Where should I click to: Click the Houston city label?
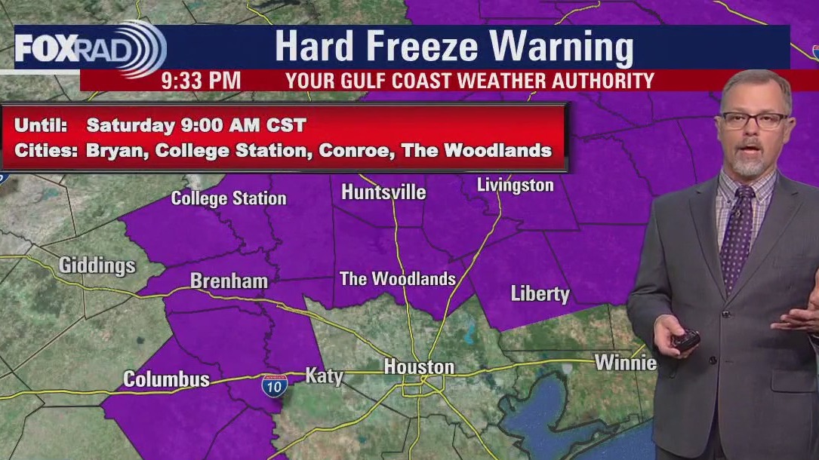click(419, 367)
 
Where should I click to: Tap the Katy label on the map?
click(325, 375)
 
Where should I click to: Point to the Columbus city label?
click(166, 379)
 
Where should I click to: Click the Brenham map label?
click(229, 281)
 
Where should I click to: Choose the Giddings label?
click(97, 265)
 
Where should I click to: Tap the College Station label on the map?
click(229, 198)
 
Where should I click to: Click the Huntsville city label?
click(383, 192)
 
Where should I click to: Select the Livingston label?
click(515, 185)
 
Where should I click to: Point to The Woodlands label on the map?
click(398, 279)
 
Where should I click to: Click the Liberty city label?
click(540, 293)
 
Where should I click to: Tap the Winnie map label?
click(625, 363)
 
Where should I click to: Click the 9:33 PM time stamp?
click(201, 81)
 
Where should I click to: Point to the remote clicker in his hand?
click(685, 342)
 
